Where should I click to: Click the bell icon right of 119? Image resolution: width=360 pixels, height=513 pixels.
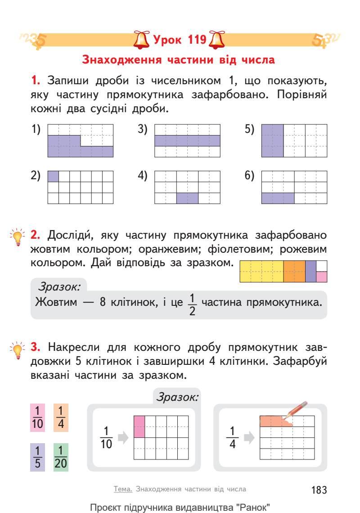[216, 41]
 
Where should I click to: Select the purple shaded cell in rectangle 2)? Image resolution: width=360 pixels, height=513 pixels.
[53, 176]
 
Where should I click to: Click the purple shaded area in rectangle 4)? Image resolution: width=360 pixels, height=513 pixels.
[187, 198]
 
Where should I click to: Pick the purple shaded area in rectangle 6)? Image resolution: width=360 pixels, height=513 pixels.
[278, 198]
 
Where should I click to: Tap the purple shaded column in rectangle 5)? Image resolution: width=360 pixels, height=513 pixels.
[272, 141]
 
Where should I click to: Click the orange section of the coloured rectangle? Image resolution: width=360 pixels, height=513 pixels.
[294, 272]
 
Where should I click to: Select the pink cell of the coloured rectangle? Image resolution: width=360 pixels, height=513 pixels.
[322, 277]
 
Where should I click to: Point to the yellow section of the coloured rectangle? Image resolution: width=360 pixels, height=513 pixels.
[261, 272]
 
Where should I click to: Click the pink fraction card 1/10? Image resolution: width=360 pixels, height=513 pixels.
[38, 417]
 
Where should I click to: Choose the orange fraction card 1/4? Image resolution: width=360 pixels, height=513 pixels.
[61, 417]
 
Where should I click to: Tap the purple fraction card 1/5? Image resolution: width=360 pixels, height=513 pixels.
[38, 457]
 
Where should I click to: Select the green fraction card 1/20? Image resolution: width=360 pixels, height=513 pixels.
[61, 457]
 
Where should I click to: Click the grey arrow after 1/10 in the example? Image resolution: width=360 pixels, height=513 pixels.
[122, 437]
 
